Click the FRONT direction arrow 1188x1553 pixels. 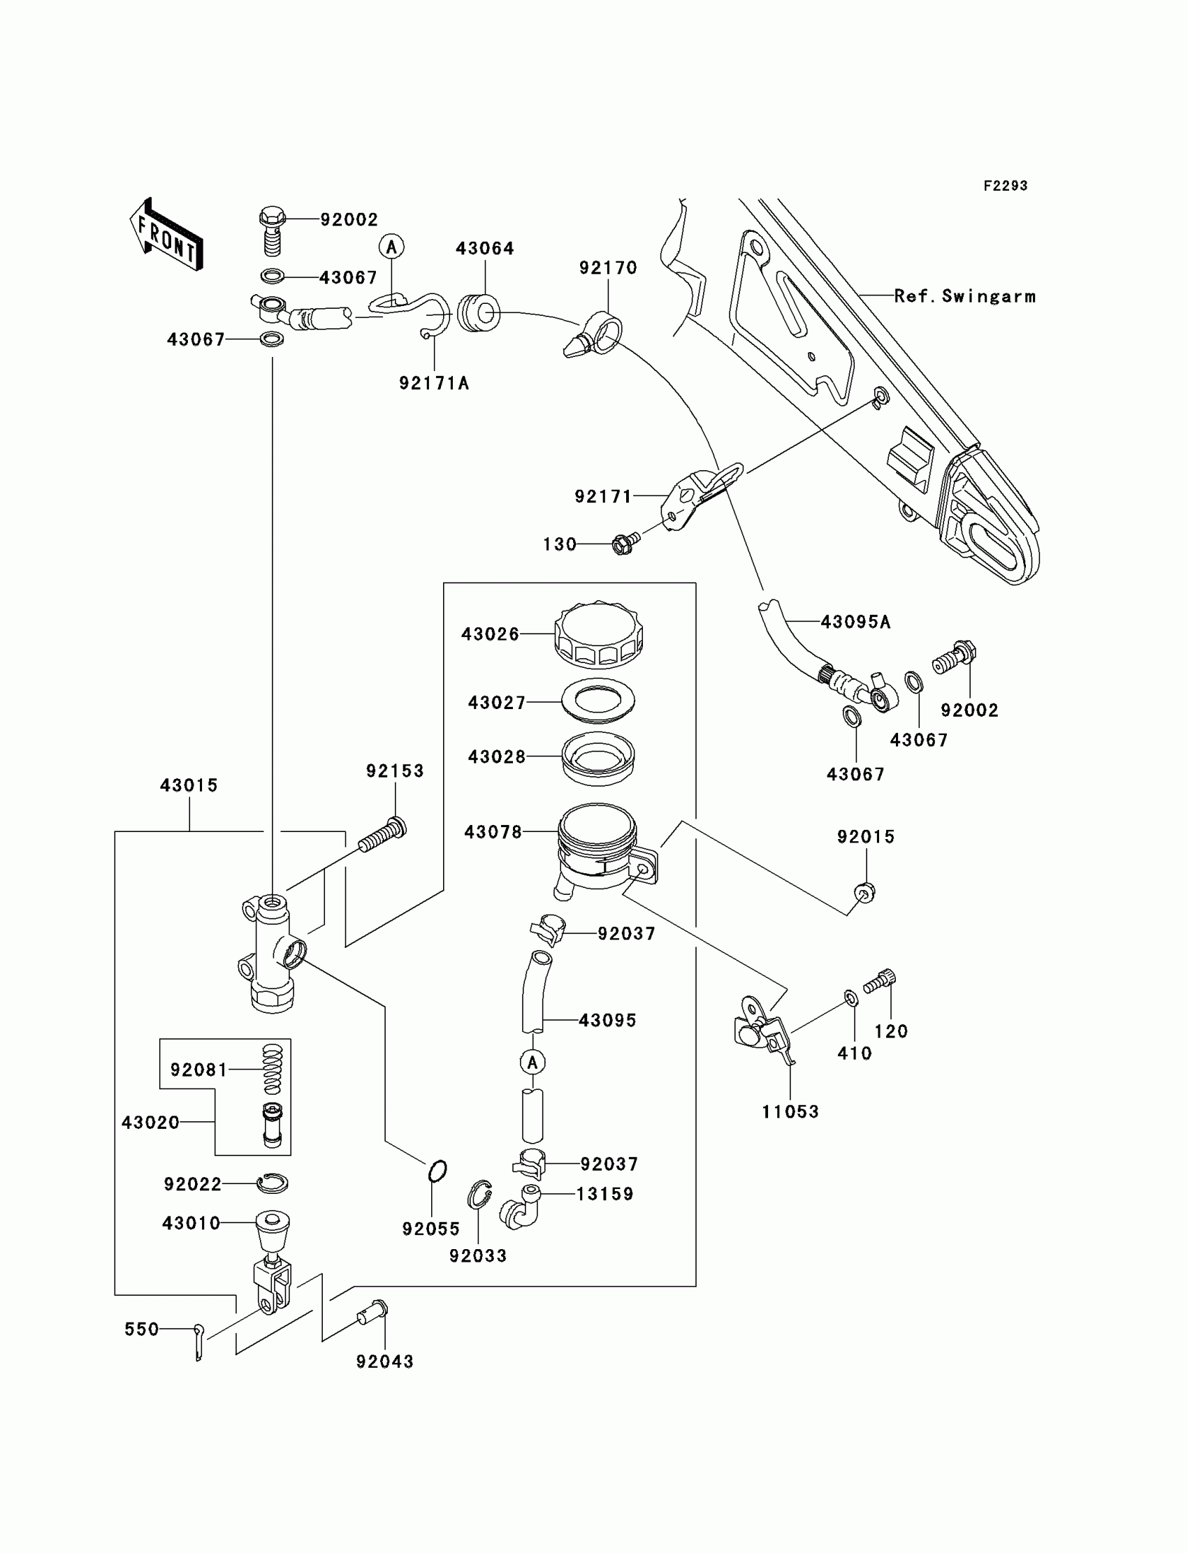(166, 235)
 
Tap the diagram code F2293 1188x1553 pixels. (1005, 186)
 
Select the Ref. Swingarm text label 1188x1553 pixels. (964, 296)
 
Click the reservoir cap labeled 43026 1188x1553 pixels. (598, 634)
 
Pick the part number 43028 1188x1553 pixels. (496, 757)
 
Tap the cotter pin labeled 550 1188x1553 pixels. (198, 1339)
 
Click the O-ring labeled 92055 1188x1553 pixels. (437, 1171)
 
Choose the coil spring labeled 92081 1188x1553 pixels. (273, 1068)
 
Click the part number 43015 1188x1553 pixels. (189, 785)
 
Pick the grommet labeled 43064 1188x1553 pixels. (478, 313)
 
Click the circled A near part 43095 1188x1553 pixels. (533, 1062)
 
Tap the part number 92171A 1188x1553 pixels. (434, 383)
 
